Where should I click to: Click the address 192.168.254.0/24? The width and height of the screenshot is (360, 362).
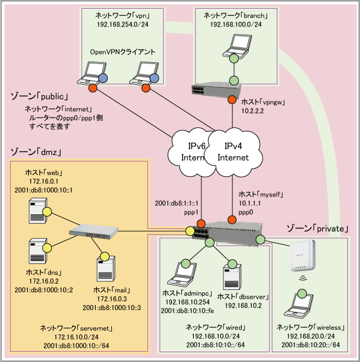click(123, 25)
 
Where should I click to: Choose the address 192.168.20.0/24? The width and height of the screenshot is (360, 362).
click(310, 337)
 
